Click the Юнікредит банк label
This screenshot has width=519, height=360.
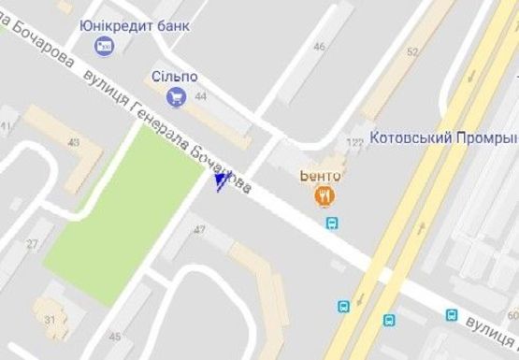click(x=135, y=25)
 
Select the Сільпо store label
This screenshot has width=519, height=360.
click(x=173, y=76)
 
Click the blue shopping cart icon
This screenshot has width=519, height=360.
click(x=173, y=95)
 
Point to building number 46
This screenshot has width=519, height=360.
click(x=320, y=47)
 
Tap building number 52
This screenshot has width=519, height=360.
click(x=412, y=52)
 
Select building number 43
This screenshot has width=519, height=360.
click(x=74, y=141)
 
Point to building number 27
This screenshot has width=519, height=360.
click(x=33, y=243)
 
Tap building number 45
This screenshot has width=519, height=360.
click(x=114, y=337)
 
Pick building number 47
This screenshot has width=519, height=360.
click(x=199, y=229)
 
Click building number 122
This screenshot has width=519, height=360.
click(x=354, y=142)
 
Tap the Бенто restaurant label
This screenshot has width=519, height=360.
click(x=321, y=176)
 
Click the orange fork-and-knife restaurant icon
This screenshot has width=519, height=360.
click(x=324, y=195)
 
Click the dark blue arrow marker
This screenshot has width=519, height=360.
click(x=222, y=180)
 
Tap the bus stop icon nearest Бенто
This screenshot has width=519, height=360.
click(x=332, y=223)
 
